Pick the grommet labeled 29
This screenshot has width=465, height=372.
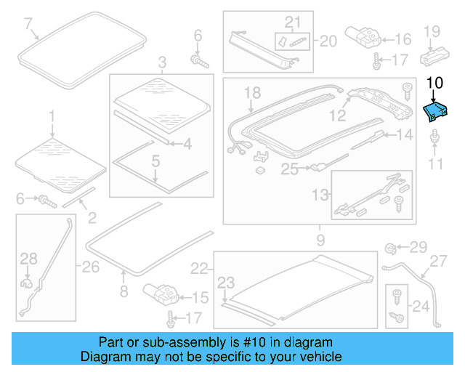point(390,248)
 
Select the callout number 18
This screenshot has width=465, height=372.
point(251,92)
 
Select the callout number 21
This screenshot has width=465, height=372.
point(291,22)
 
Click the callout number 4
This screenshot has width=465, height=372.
point(187,144)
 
